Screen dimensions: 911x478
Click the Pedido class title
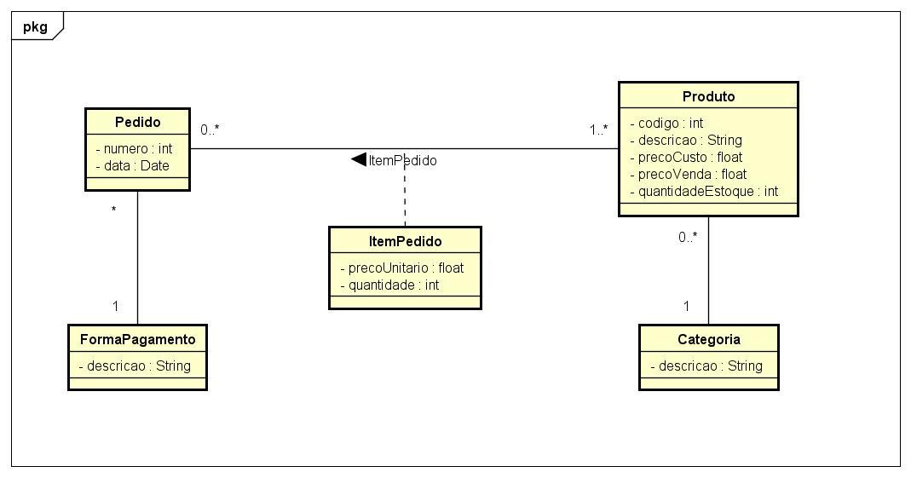coord(138,122)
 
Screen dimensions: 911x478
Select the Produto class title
coord(708,96)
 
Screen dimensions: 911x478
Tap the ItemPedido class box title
coord(405,241)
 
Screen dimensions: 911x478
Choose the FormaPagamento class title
coord(138,339)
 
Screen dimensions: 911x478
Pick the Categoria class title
coord(709,339)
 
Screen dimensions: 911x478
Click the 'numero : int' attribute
coord(134,149)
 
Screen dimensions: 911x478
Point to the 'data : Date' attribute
coord(132,165)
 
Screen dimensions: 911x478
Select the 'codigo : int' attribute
coord(667,124)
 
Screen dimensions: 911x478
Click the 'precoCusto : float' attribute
coord(686,158)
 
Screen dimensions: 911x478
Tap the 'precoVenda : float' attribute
coord(689,174)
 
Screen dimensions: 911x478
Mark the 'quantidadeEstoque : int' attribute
coord(704,191)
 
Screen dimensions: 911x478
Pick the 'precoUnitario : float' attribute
coord(402,268)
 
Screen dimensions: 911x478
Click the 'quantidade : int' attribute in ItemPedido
coord(389,285)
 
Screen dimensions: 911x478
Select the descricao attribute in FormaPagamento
coord(135,366)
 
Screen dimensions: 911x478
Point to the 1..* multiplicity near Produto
coord(599,130)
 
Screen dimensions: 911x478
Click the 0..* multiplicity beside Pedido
coord(210,130)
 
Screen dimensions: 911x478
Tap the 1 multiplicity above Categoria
coord(686,306)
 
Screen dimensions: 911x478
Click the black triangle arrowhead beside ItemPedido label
coord(359,159)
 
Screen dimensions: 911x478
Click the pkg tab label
coord(35,26)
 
